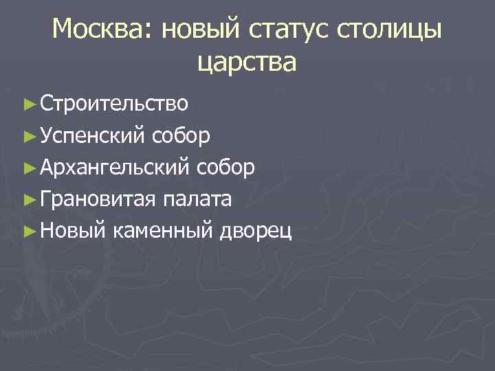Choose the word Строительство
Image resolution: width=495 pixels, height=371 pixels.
(113, 104)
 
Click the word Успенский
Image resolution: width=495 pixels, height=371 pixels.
(91, 135)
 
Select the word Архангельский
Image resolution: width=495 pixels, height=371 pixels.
(116, 167)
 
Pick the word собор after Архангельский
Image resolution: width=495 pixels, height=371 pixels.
(228, 167)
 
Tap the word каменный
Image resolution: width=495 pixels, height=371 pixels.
(162, 230)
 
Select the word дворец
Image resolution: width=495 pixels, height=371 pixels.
(256, 230)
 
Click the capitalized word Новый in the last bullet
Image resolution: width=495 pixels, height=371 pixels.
(72, 230)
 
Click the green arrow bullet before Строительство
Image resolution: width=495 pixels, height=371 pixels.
(28, 104)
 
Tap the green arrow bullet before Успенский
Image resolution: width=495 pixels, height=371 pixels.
(28, 136)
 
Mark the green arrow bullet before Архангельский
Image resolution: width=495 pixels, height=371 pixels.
(28, 168)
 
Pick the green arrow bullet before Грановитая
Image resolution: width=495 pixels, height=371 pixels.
(28, 199)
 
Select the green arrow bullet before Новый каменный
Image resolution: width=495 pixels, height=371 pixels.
(28, 231)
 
